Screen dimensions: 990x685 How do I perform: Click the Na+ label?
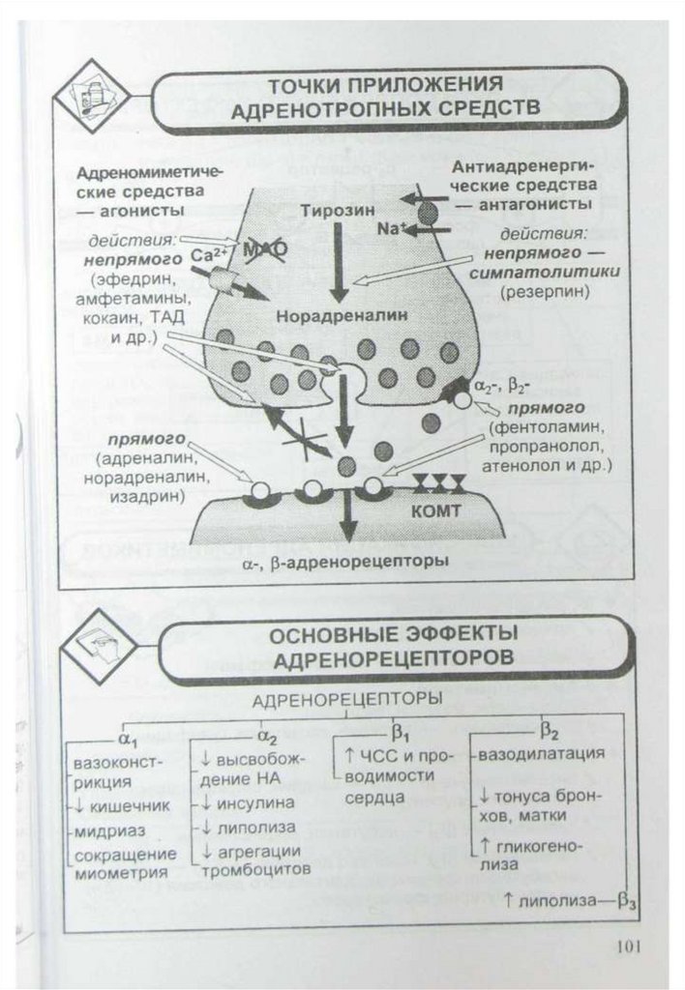pyautogui.click(x=392, y=230)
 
